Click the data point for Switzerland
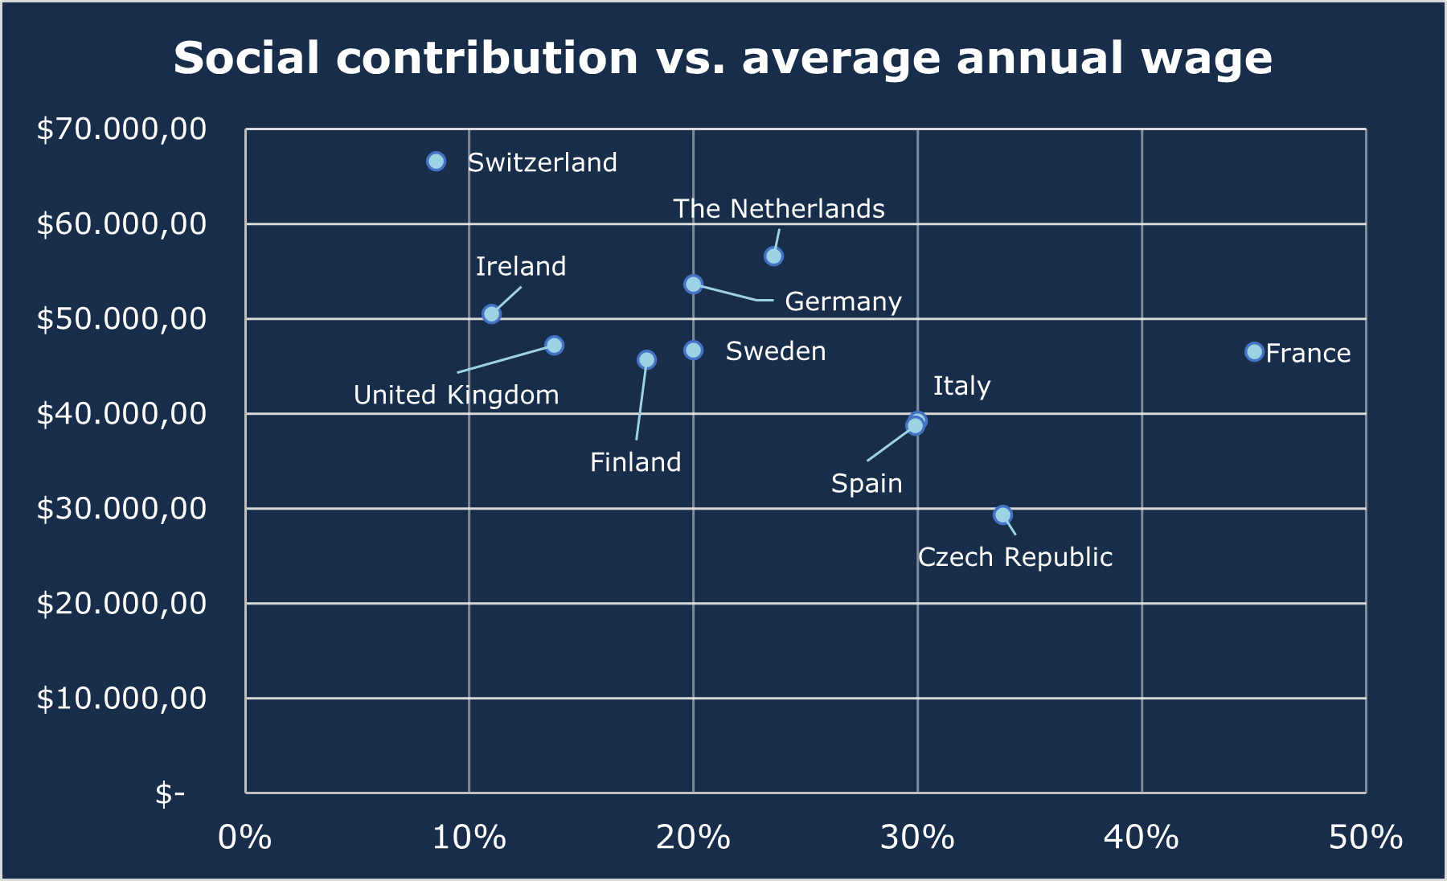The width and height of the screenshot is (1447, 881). [436, 162]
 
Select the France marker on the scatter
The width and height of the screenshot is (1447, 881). [1254, 352]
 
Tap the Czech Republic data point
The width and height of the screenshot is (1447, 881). [1002, 514]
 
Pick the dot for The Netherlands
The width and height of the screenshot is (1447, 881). [773, 256]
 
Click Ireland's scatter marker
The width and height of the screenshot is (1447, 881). [491, 313]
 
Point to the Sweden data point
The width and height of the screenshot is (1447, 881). [693, 350]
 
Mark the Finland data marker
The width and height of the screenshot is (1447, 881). [646, 359]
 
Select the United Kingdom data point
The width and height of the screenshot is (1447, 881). [554, 346]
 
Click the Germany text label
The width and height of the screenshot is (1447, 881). [842, 301]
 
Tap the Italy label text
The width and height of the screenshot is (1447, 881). [961, 386]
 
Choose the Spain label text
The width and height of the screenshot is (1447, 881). [866, 483]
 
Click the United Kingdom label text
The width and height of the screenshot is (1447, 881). [456, 395]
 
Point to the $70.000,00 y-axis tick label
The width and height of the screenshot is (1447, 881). [121, 129]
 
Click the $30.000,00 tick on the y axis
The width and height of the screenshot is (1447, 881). [121, 508]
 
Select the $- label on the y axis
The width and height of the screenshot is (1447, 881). [170, 793]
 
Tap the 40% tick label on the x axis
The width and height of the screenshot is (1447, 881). [1141, 838]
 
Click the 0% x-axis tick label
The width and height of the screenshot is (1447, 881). [245, 838]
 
